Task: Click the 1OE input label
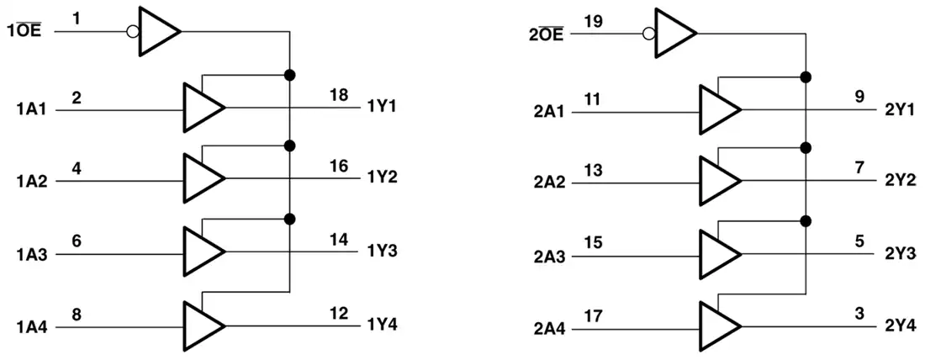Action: pyautogui.click(x=25, y=30)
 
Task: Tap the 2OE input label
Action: pyautogui.click(x=547, y=33)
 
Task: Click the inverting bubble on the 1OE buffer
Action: pyautogui.click(x=133, y=31)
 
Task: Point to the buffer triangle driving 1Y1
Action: pyautogui.click(x=203, y=108)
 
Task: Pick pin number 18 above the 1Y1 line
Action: pyautogui.click(x=339, y=95)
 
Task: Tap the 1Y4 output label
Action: pyautogui.click(x=382, y=325)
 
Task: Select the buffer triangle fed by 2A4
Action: pyautogui.click(x=720, y=327)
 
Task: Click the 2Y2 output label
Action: pyautogui.click(x=901, y=180)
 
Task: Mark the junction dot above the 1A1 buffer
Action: pyautogui.click(x=289, y=75)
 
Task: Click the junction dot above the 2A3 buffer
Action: pyautogui.click(x=806, y=220)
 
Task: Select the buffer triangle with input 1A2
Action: pyautogui.click(x=203, y=177)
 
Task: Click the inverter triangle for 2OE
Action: pyautogui.click(x=675, y=33)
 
